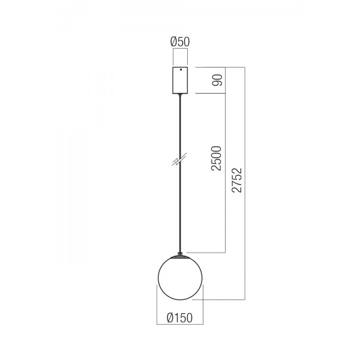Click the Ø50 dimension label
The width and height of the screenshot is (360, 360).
tap(180, 42)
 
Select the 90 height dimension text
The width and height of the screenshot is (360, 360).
tap(217, 80)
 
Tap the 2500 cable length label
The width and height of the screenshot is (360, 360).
tap(216, 158)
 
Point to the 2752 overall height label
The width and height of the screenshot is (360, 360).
tap(237, 180)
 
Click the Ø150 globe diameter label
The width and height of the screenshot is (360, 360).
tap(180, 318)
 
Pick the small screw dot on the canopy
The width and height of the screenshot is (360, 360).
tap(181, 70)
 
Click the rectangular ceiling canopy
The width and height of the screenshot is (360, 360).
tap(180, 80)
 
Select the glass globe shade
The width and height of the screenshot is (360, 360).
tap(180, 278)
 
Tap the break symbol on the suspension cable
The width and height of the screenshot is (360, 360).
tap(179, 159)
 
